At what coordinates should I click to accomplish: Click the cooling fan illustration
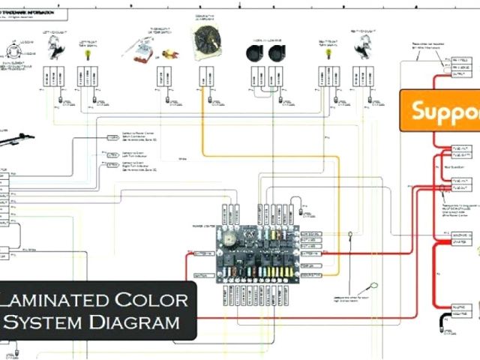click(x=205, y=43)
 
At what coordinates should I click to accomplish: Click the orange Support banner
click(x=442, y=111)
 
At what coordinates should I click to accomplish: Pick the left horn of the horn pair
click(x=253, y=52)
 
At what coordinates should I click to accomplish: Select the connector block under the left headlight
click(x=52, y=76)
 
